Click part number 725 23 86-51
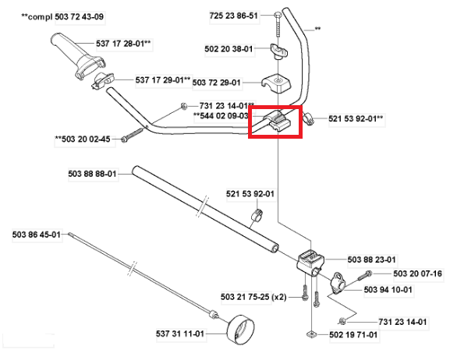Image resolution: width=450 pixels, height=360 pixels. tap(233, 16)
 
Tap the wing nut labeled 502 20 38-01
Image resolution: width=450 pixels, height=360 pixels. tap(279, 51)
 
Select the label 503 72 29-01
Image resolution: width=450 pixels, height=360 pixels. tap(216, 83)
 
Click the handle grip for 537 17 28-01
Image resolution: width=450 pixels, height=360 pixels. tap(77, 57)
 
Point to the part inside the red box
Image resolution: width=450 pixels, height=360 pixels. tap(277, 122)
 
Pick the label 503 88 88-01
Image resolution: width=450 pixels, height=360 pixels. tap(92, 174)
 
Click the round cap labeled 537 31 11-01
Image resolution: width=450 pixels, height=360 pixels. tap(240, 330)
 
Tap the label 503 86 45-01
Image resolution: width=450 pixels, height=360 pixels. tap(37, 235)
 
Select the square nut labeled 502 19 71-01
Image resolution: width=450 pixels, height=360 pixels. tap(311, 334)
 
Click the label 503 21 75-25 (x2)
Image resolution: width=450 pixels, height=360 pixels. tap(253, 297)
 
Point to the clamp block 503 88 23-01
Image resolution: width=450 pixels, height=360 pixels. tap(310, 262)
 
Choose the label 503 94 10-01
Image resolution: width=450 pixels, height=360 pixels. tap(388, 290)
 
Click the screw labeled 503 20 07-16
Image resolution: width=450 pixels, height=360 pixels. tap(364, 276)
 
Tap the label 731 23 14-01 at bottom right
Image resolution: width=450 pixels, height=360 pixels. tap(402, 322)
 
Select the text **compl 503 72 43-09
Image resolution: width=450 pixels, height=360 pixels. tap(62, 16)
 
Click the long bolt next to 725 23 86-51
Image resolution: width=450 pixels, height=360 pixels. tap(278, 24)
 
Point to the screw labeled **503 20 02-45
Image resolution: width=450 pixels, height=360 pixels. tap(132, 135)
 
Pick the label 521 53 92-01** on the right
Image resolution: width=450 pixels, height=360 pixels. tap(356, 118)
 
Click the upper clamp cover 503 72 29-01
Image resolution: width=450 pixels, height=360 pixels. tap(276, 83)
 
